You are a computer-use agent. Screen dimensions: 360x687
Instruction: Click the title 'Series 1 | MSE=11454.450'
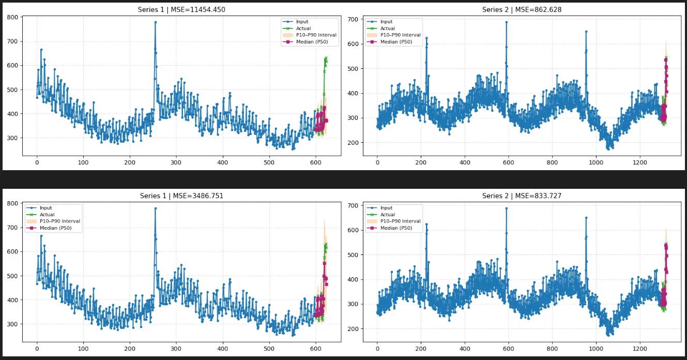click(x=181, y=10)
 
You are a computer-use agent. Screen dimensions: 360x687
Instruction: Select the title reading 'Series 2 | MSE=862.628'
click(x=522, y=10)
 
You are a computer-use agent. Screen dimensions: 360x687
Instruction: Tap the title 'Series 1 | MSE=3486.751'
click(x=181, y=196)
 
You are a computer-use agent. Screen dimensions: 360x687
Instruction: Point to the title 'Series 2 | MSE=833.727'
click(x=522, y=196)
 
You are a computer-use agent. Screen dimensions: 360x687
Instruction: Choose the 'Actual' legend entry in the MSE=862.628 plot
click(x=388, y=28)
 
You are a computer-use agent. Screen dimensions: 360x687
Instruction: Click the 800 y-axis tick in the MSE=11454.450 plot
click(x=12, y=17)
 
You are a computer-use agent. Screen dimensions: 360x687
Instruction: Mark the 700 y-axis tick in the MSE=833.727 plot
click(x=353, y=206)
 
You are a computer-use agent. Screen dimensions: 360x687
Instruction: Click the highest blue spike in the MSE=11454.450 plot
click(x=155, y=22)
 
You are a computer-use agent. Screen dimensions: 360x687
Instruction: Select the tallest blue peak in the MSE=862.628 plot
click(x=506, y=22)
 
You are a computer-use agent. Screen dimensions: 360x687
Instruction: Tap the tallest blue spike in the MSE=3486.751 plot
click(x=155, y=208)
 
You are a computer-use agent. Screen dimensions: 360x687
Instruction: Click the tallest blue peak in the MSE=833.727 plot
click(x=506, y=208)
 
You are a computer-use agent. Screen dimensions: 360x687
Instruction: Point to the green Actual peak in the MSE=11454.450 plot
click(x=326, y=58)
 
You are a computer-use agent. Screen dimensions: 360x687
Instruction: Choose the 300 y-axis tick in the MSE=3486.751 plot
click(x=12, y=324)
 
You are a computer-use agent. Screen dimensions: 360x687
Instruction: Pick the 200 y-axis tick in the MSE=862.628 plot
click(x=353, y=143)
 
